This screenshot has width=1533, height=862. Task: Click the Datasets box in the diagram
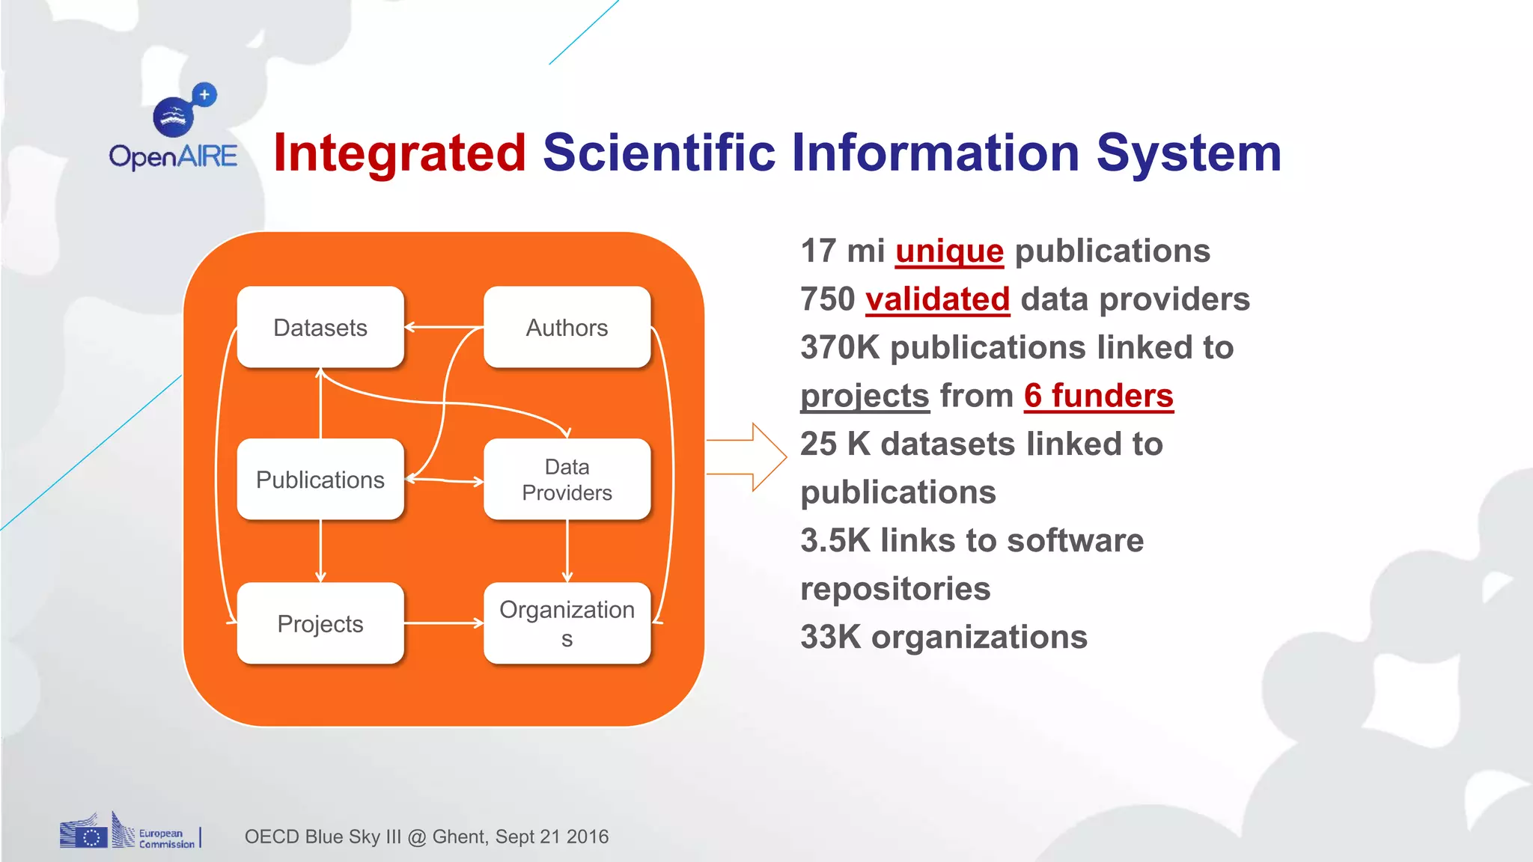(x=320, y=328)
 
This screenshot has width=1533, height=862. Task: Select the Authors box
(x=567, y=328)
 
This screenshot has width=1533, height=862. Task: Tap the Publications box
(x=320, y=480)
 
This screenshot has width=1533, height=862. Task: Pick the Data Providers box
(x=567, y=480)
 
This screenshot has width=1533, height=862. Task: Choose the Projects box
(x=320, y=623)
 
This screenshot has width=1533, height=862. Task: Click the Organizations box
(x=567, y=623)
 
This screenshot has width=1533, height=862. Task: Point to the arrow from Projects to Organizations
(x=443, y=623)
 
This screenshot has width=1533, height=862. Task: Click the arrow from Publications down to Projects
(x=320, y=551)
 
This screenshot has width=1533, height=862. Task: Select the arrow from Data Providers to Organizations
(x=567, y=551)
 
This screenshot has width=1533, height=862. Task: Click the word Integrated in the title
(x=400, y=153)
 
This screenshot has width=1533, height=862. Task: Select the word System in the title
(x=1189, y=153)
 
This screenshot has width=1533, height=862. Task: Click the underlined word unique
(x=949, y=251)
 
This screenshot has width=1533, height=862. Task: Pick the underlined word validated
(x=937, y=299)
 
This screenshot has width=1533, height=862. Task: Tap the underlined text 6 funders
(x=1098, y=396)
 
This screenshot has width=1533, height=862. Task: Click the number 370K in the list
(x=840, y=348)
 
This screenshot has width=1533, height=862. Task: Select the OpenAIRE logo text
(x=173, y=156)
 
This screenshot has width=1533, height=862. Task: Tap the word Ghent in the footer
(x=459, y=837)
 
